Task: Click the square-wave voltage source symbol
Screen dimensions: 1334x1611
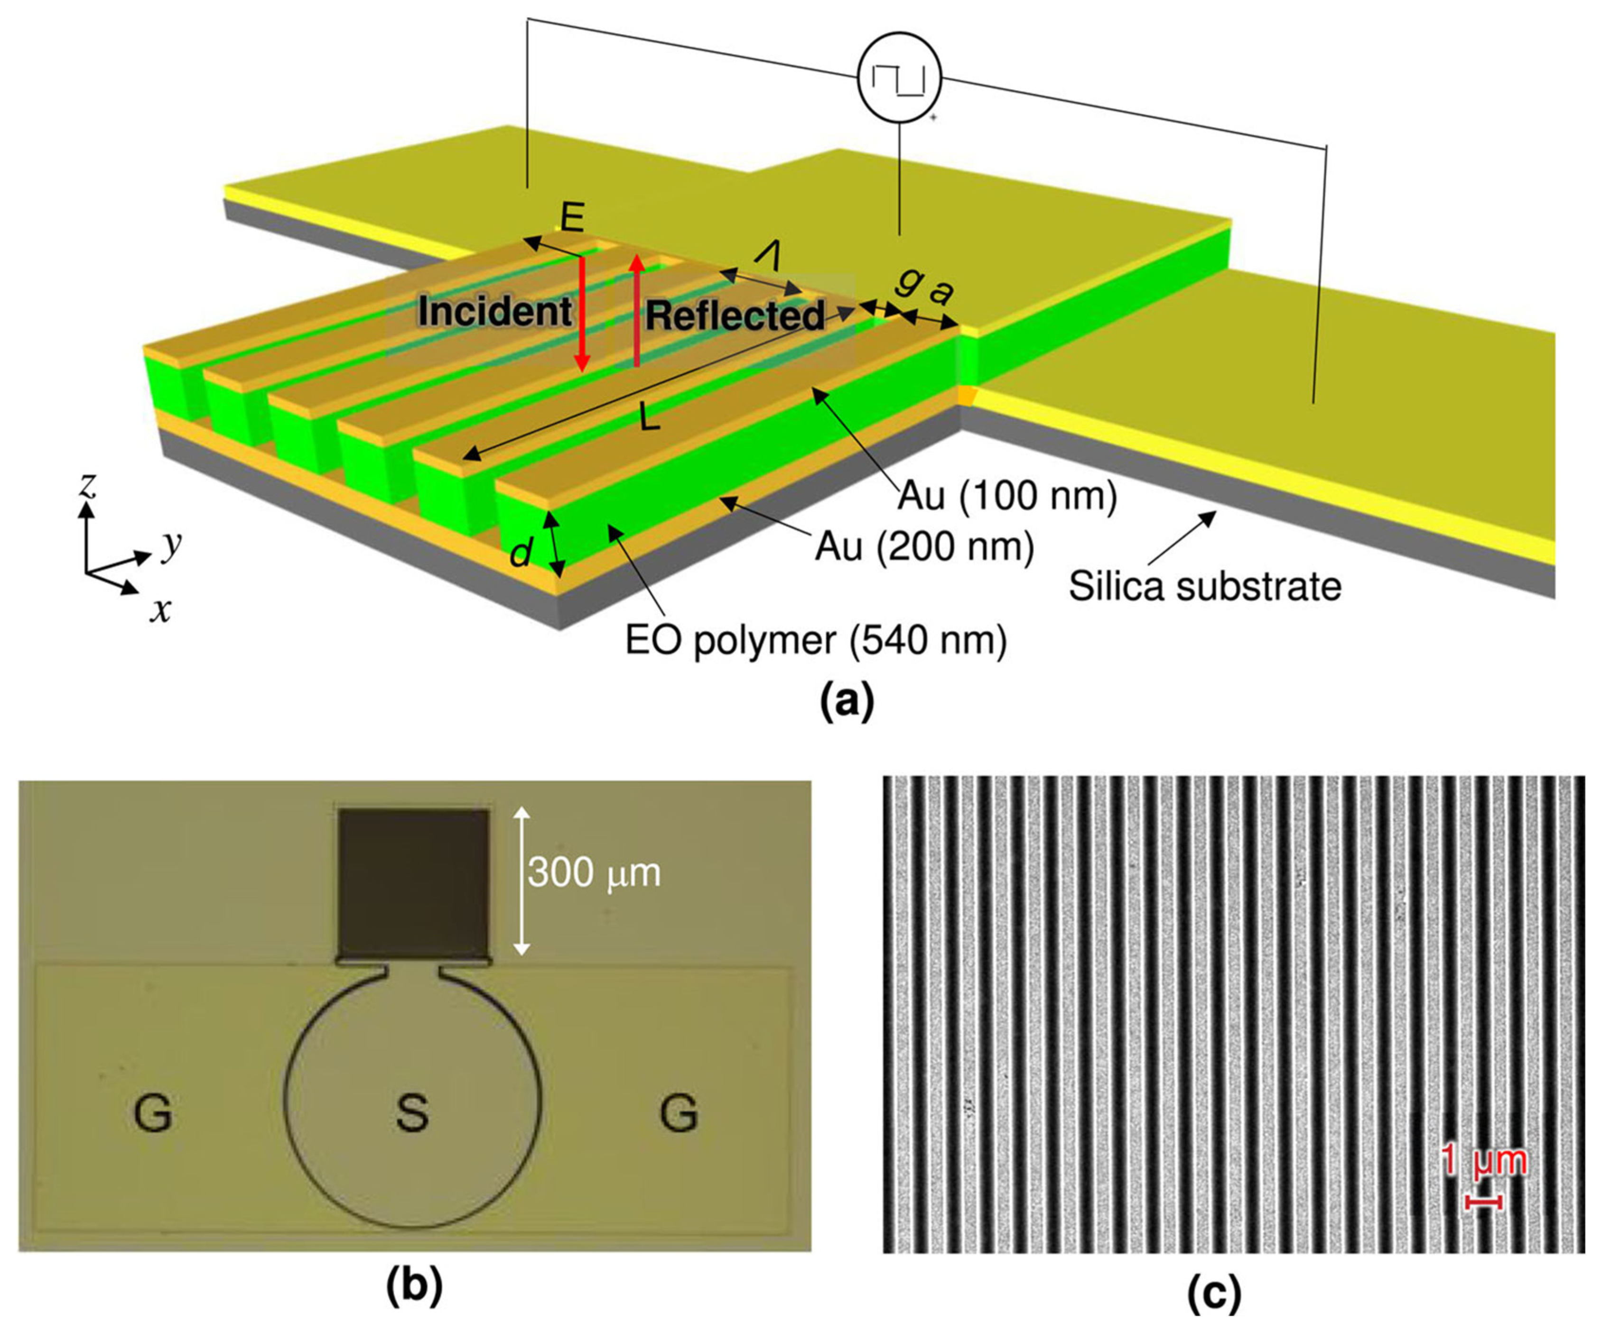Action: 898,79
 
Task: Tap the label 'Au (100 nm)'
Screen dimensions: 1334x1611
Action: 1007,497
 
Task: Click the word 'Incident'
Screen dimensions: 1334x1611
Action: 495,312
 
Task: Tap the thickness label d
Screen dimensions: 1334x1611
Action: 521,552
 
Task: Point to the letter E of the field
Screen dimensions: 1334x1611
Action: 572,219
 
